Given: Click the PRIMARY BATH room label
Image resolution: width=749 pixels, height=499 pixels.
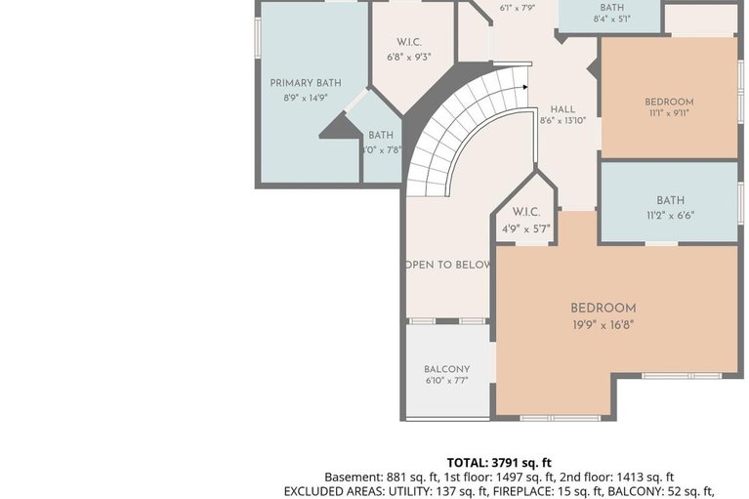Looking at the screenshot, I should tap(306, 83).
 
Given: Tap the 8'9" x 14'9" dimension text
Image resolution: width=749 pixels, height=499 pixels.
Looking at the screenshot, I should tap(306, 98).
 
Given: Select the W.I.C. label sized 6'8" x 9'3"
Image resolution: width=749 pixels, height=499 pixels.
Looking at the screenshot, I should tap(408, 43).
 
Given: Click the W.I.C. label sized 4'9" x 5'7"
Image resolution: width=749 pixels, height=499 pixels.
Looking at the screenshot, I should tap(526, 213).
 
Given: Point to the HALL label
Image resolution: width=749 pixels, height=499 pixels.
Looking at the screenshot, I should tap(562, 109).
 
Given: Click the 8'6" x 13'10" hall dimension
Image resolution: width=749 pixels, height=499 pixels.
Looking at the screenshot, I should tap(562, 121).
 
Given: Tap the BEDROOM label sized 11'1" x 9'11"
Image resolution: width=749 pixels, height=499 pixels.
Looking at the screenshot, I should tap(669, 102).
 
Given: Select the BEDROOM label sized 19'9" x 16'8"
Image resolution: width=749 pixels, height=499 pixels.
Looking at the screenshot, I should tap(603, 309).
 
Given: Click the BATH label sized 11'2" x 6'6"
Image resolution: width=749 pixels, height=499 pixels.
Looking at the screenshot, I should tap(670, 200).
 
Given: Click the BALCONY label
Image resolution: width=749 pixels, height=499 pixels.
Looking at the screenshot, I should tap(446, 369).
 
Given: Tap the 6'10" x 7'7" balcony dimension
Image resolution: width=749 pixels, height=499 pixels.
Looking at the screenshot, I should tap(446, 381).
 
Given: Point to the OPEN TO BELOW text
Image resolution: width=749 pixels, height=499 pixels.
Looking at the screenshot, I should tap(447, 265).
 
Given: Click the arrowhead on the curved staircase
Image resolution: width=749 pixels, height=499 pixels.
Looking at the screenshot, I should tap(524, 87).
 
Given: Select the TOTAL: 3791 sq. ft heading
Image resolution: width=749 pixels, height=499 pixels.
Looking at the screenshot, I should tap(499, 462).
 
